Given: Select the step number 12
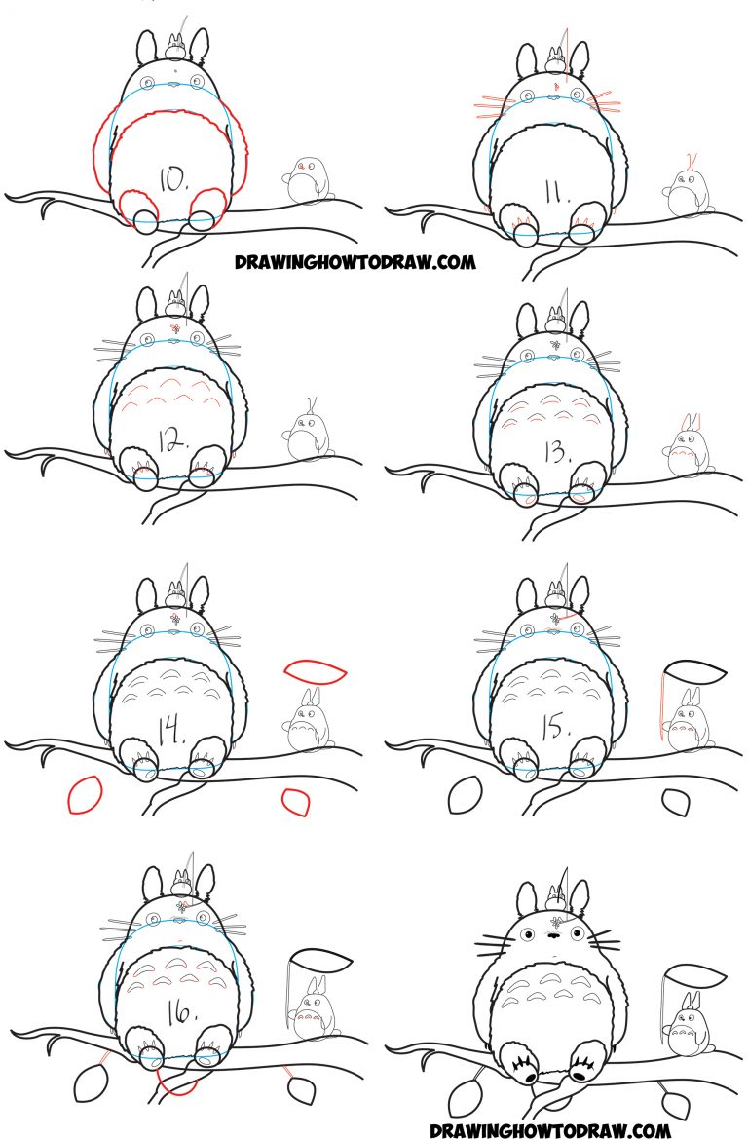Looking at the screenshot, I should coord(173,443).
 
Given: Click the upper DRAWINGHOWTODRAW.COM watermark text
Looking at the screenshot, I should coord(354,261).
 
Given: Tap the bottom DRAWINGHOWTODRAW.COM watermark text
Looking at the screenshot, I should coord(550,1130).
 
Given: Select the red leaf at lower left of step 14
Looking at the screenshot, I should coord(84,794).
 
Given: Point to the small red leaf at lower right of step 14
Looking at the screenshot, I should coord(295,802).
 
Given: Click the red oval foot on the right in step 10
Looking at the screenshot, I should coord(206,207).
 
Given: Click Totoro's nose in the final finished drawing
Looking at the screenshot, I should coord(551,934).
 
